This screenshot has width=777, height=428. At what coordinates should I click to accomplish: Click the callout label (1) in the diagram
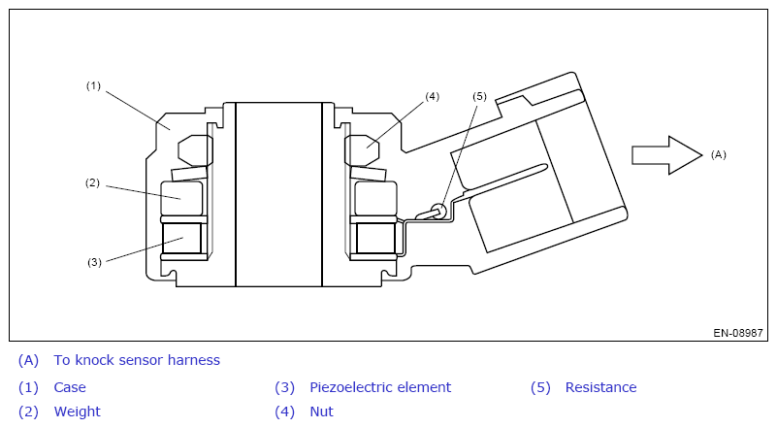click(93, 85)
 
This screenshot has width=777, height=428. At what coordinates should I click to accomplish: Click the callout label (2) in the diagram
click(92, 183)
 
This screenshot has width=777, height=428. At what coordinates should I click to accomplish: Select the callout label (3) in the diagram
click(94, 262)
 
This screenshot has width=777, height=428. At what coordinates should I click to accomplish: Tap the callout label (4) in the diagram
click(432, 96)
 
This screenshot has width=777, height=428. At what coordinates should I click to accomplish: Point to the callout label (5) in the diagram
click(479, 96)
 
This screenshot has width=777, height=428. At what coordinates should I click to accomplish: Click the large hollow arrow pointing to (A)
click(667, 155)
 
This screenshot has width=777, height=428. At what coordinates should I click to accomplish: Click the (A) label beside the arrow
click(719, 154)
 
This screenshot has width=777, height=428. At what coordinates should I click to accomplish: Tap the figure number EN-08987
click(738, 333)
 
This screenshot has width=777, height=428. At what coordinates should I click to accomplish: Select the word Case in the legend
click(70, 387)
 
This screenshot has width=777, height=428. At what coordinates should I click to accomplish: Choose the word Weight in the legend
click(78, 412)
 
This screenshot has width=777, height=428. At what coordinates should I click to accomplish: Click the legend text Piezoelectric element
click(380, 387)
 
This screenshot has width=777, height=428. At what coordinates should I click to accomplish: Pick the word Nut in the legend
click(322, 412)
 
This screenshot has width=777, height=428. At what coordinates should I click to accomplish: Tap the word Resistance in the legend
click(600, 387)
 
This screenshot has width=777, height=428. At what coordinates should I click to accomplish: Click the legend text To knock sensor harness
click(137, 360)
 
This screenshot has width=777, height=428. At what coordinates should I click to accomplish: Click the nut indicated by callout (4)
click(362, 149)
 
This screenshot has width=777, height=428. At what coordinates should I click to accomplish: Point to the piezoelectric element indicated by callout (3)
click(181, 239)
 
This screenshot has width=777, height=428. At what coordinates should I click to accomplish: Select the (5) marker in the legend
click(540, 387)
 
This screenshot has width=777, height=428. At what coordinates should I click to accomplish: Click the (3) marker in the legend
click(285, 387)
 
